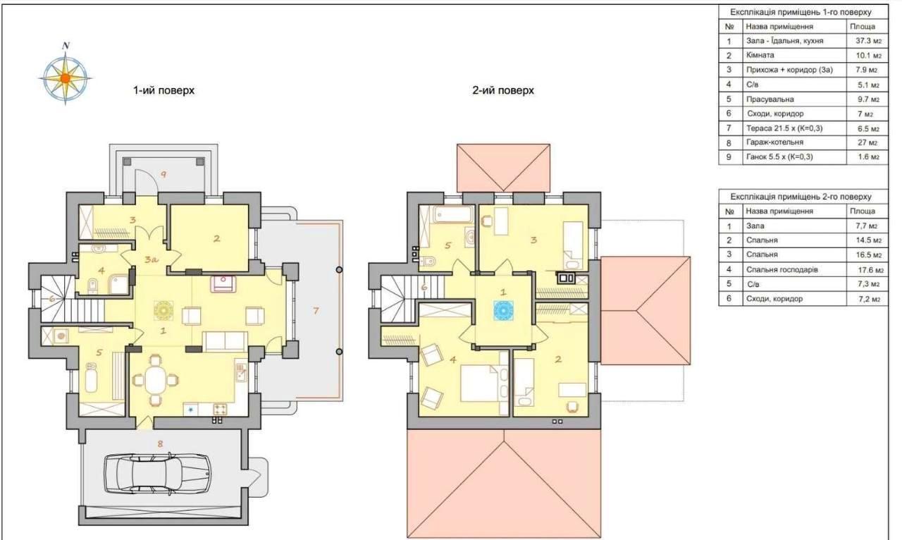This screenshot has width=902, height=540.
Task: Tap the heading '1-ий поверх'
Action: pos(164,90)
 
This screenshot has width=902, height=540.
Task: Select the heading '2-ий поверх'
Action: pos(503,90)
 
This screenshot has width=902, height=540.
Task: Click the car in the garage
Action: pos(157,473)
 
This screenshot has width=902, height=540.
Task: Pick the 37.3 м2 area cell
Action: pos(869,41)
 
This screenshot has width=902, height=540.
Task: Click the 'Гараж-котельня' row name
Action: pos(774,142)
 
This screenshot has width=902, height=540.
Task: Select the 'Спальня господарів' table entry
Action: pos(782,269)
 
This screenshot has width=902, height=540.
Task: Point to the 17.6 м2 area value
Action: pos(870,270)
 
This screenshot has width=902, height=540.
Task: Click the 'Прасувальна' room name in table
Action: pos(770,99)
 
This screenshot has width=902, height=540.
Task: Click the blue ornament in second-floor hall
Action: pos(503,310)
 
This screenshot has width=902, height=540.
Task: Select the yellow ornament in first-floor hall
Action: pos(163,310)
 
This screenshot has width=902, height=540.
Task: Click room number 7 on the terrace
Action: pos(316,310)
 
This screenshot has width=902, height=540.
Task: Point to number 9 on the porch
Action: pos(163,174)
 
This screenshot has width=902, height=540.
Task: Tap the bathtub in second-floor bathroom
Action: pos(453,214)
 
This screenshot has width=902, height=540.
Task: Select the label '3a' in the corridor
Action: pos(151,259)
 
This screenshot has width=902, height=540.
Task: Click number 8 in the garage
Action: pos(160,443)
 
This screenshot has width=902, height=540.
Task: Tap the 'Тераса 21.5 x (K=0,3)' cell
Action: pos(784,128)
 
